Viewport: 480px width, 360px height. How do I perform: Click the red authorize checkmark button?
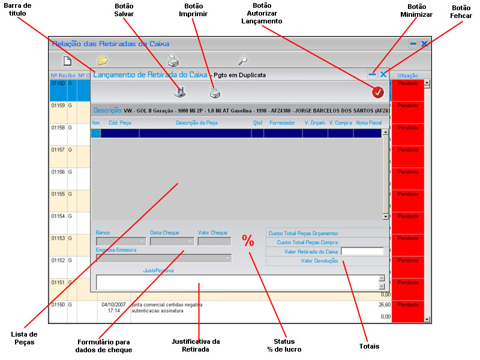coord(377,92)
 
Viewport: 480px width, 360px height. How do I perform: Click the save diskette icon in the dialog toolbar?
coord(180,92)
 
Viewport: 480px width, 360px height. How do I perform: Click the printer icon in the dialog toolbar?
coord(215,92)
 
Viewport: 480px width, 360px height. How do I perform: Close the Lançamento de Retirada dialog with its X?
coord(383,74)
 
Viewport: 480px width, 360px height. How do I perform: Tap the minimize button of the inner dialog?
coord(373,74)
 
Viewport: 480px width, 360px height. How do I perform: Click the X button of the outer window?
coord(424,44)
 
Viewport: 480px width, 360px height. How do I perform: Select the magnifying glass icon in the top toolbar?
coord(242,60)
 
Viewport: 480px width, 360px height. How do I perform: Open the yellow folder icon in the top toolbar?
coord(103,60)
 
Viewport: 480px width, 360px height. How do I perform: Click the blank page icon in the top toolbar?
coord(68,60)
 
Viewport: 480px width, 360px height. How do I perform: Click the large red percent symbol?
coord(248,241)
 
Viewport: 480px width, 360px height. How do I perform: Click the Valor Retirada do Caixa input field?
coord(362,251)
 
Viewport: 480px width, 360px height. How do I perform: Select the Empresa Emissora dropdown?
coord(163,258)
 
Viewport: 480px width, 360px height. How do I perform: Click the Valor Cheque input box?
coord(214,241)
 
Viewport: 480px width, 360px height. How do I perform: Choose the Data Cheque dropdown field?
coord(172,241)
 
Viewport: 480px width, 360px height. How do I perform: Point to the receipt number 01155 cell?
coord(58,194)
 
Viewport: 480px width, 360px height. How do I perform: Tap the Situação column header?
coord(407,76)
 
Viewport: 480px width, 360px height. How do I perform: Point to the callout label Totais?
coord(369,346)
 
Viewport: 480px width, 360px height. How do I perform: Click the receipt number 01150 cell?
coord(58,305)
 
